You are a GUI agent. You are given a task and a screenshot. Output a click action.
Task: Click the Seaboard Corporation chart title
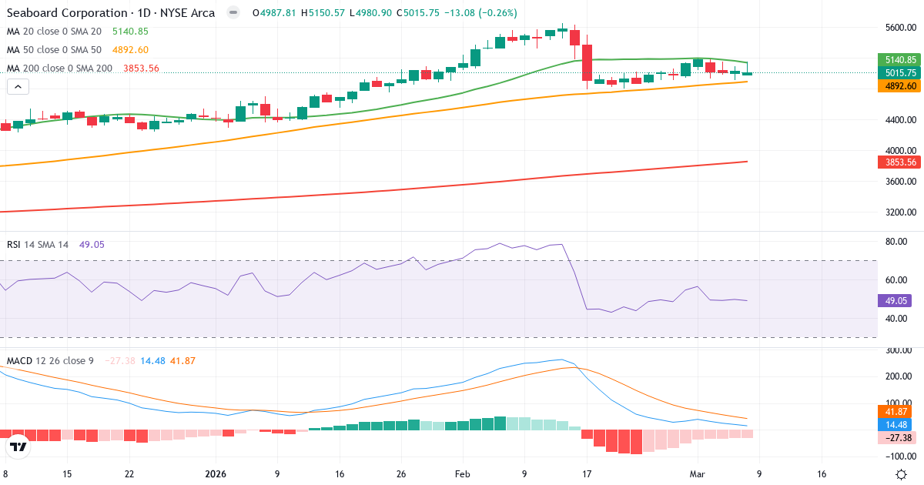(x=110, y=13)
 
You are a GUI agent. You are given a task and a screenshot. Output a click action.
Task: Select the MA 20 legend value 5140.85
(x=130, y=32)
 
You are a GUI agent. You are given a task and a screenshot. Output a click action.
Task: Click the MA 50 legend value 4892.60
(x=130, y=50)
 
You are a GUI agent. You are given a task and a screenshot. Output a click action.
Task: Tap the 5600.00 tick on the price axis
(x=899, y=28)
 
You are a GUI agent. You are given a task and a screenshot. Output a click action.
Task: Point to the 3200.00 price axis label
(x=899, y=212)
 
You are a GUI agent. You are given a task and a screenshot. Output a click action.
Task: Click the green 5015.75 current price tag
(x=899, y=72)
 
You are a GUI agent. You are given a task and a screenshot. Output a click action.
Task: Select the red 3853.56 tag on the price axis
(x=899, y=162)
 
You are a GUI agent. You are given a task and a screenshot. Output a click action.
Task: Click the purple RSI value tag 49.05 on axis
(x=894, y=301)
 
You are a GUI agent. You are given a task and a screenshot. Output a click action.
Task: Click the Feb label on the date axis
(x=461, y=474)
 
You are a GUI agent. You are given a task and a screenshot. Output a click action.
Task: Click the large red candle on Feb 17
(x=588, y=62)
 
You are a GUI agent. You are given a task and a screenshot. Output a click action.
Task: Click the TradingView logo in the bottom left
(x=18, y=447)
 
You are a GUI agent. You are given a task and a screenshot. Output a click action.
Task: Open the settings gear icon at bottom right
(x=901, y=474)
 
